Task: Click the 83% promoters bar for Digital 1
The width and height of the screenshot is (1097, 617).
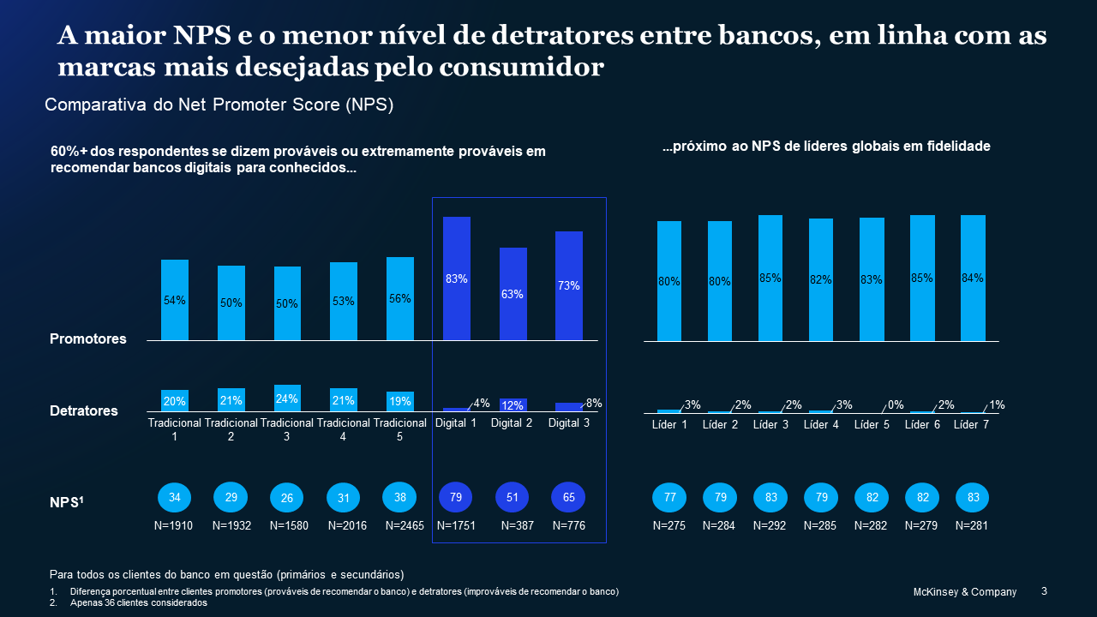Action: point(456,279)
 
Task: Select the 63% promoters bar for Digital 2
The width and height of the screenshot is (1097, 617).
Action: point(513,294)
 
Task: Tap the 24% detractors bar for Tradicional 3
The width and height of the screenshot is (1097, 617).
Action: point(287,398)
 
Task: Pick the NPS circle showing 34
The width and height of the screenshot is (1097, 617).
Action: point(175,498)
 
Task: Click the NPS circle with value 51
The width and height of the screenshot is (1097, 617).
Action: point(513,498)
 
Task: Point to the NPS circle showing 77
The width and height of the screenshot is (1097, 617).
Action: point(669,498)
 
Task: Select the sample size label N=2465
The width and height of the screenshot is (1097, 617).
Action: point(405,525)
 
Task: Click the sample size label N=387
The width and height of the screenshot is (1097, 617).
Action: point(518,525)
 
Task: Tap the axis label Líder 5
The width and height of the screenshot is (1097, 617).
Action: point(872,425)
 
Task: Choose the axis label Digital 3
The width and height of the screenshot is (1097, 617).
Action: point(569,422)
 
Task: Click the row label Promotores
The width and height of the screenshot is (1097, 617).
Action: point(87,338)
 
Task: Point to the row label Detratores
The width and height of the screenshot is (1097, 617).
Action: point(84,410)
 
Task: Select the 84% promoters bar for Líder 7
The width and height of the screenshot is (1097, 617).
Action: point(973,278)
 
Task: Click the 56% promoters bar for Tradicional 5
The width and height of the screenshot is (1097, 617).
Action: point(400,298)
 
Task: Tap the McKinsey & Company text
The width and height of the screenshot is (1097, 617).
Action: point(964,592)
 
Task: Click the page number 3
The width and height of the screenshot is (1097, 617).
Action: point(1044,591)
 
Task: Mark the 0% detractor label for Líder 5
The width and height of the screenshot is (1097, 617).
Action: point(896,404)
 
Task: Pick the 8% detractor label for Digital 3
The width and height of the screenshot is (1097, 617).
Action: point(594,403)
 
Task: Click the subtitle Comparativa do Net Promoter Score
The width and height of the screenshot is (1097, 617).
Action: point(219,105)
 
